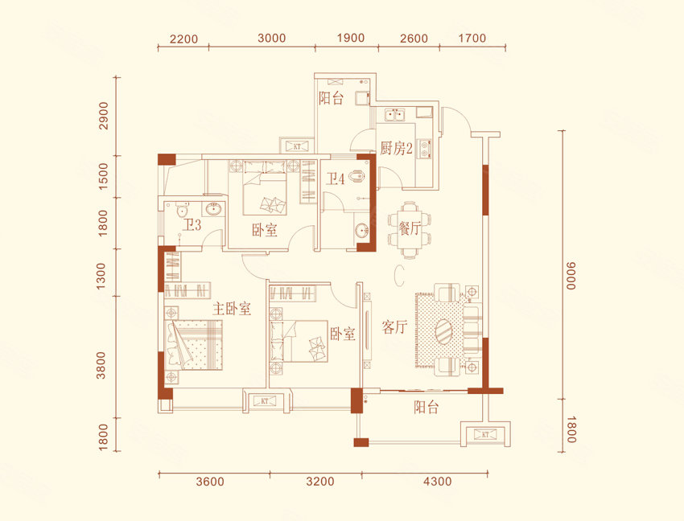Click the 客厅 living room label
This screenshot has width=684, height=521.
tap(394, 326)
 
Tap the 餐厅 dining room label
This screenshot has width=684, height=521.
tap(409, 228)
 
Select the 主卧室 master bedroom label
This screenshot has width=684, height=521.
tap(232, 309)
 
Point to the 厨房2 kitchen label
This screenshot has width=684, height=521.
tap(396, 149)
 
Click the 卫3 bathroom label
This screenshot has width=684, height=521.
tap(192, 225)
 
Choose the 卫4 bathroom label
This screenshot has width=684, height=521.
tap(336, 178)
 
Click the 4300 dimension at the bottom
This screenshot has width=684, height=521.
tap(438, 482)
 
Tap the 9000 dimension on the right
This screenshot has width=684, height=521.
tap(571, 276)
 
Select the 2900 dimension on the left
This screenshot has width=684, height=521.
tap(103, 116)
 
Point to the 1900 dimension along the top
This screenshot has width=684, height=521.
tap(351, 38)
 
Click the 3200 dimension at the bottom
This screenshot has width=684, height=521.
tap(319, 482)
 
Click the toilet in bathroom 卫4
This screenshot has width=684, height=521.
tap(358, 176)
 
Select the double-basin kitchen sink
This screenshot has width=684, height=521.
tap(394, 116)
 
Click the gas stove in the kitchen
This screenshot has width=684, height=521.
tap(424, 148)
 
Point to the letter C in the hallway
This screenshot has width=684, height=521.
tap(398, 275)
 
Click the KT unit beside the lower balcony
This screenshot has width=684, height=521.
tap(486, 434)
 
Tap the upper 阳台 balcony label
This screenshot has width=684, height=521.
tap(331, 97)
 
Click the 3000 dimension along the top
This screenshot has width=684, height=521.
tap(271, 38)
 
